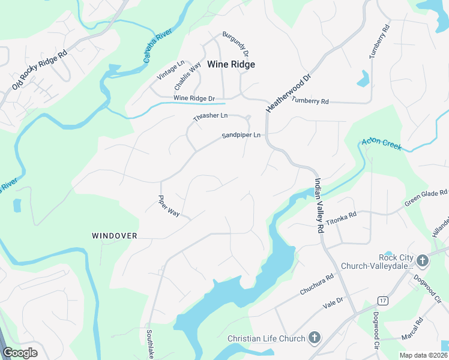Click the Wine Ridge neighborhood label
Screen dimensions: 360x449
pos(231,64)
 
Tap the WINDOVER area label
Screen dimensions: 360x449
pos(115,236)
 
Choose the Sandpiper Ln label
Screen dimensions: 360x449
pos(241,136)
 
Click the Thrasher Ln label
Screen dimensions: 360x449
pos(211,116)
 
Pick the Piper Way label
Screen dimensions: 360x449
pos(169,205)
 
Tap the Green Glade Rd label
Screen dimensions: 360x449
pos(426,197)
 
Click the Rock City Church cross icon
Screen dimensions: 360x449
pos(423,261)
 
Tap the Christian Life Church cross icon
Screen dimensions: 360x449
pos(314,338)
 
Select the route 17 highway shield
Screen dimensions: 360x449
pos(382,299)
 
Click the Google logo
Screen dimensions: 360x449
pos(20,353)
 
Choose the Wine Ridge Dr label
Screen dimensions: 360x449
pos(194,98)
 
